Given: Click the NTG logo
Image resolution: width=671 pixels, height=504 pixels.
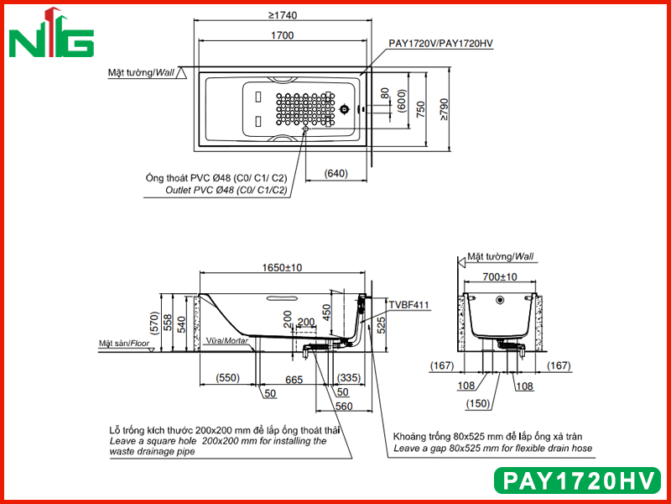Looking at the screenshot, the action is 51,33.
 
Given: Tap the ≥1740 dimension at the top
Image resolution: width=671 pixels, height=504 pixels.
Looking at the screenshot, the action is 283,15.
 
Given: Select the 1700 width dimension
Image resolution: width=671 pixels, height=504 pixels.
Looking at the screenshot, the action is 283,35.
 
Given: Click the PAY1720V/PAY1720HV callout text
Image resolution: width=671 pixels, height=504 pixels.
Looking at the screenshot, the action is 441,44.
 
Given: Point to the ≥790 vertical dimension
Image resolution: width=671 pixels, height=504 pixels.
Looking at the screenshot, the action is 444,110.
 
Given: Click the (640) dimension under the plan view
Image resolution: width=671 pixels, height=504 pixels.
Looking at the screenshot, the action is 336,173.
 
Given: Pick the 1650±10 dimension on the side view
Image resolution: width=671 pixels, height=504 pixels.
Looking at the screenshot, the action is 282,267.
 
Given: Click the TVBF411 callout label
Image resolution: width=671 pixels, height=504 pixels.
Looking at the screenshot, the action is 408,305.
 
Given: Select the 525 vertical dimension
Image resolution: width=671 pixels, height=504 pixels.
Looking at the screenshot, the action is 382,325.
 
